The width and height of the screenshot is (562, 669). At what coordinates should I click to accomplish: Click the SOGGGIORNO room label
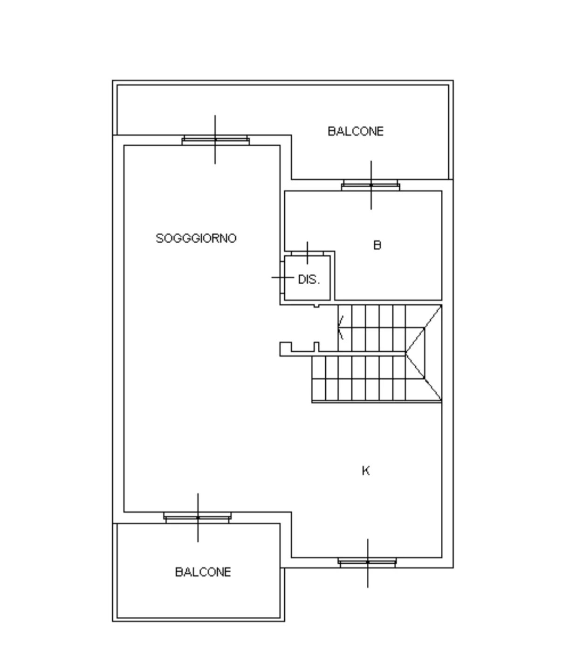click(x=196, y=239)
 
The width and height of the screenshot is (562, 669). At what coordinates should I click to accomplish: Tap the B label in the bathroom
click(x=377, y=245)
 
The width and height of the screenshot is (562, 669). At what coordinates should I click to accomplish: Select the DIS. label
click(x=309, y=280)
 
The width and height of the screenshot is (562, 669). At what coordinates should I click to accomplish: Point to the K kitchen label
click(x=366, y=471)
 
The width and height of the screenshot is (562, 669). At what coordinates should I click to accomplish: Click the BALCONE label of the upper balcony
click(x=356, y=131)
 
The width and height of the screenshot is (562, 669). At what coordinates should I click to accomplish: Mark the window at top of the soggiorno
click(x=215, y=140)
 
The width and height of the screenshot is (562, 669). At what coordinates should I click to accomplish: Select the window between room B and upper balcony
click(x=370, y=185)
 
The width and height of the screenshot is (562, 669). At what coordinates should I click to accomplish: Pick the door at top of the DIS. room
click(x=308, y=253)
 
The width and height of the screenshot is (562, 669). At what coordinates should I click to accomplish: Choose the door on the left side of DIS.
click(x=282, y=277)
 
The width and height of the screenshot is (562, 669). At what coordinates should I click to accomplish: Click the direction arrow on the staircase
click(x=341, y=327)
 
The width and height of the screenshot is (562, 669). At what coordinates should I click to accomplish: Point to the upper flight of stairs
click(x=371, y=328)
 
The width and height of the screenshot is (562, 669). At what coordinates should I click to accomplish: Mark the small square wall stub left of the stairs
click(x=286, y=349)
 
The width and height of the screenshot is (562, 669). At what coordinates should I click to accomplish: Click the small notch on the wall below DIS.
click(x=316, y=306)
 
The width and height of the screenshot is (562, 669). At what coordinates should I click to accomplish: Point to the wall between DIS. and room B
click(x=332, y=276)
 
